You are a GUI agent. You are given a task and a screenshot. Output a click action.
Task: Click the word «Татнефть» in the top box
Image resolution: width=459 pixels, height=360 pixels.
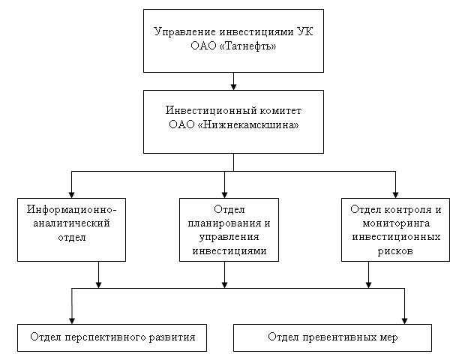[247, 46]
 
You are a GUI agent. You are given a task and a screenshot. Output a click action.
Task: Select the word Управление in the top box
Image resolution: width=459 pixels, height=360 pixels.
[185, 31]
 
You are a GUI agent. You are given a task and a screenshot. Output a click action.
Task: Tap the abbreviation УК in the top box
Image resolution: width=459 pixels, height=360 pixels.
[305, 31]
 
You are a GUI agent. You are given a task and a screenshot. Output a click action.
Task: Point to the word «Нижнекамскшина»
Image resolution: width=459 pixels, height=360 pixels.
[248, 125]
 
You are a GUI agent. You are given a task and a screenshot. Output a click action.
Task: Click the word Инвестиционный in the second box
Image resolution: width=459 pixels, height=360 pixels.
[211, 111]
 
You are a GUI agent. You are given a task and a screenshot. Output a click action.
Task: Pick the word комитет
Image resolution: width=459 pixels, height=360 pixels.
[280, 111]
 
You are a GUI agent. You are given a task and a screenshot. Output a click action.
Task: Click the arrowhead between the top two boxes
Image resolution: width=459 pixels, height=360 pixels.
[233, 87]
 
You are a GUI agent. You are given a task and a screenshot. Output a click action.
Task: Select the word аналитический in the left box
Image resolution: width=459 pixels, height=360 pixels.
[71, 223]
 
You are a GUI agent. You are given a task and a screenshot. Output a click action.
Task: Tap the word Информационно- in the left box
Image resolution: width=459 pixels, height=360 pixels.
[72, 210]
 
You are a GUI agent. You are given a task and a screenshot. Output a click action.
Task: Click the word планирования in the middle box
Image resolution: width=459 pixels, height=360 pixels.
[225, 223]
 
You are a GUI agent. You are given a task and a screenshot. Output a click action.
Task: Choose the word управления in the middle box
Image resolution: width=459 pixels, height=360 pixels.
[229, 237]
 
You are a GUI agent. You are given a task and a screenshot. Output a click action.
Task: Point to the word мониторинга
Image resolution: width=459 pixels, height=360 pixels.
[396, 223]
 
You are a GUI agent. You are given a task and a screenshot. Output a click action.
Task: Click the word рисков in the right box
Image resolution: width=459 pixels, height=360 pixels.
[395, 251]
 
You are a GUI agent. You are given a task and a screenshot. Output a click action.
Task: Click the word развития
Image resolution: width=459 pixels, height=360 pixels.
[172, 337]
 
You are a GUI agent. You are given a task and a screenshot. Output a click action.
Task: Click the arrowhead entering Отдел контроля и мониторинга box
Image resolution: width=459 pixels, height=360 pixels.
[395, 195]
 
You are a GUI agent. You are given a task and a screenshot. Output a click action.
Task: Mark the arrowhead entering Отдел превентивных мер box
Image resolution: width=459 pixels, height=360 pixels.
[404, 321]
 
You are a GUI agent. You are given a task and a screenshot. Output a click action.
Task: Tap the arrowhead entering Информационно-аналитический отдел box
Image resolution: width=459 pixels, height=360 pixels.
[72, 195]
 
